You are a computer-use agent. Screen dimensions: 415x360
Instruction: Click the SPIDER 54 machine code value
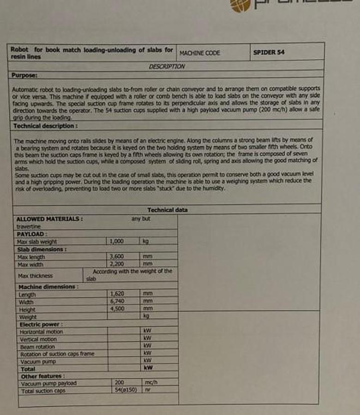tap(269, 52)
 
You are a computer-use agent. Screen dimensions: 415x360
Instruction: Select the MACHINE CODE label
tap(200, 53)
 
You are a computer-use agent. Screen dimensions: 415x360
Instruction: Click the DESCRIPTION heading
tap(167, 66)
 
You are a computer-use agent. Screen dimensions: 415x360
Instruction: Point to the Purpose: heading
tap(24, 75)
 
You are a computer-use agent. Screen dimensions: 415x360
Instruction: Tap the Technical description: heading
tap(45, 126)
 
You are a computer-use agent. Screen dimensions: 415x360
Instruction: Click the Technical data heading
tap(168, 210)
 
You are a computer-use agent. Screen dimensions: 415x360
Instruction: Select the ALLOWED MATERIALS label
tap(49, 219)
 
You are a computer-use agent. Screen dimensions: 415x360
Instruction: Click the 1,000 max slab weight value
tap(116, 241)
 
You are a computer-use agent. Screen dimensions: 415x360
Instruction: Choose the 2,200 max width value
tap(116, 264)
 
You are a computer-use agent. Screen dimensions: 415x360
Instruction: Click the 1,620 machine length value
tap(117, 293)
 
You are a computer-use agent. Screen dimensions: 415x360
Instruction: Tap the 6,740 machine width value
tap(117, 301)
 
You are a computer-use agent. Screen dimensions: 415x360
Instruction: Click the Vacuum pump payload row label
tap(49, 383)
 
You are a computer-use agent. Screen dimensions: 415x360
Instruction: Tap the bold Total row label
tap(28, 369)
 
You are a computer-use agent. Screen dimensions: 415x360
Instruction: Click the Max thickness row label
tap(35, 276)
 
